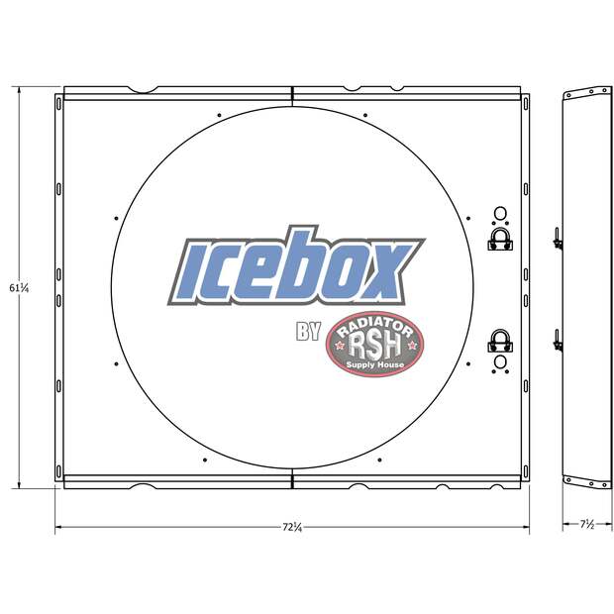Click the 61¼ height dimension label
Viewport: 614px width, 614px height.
(x=19, y=288)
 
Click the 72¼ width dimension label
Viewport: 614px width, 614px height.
(x=292, y=527)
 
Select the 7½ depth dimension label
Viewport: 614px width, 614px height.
(x=587, y=524)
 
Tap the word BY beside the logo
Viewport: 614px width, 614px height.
(x=309, y=332)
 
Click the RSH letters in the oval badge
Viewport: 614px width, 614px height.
(x=374, y=346)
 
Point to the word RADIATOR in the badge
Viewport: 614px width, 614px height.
(x=374, y=327)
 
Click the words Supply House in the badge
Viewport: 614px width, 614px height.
(x=374, y=365)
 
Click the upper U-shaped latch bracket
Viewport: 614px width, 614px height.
(x=500, y=240)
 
